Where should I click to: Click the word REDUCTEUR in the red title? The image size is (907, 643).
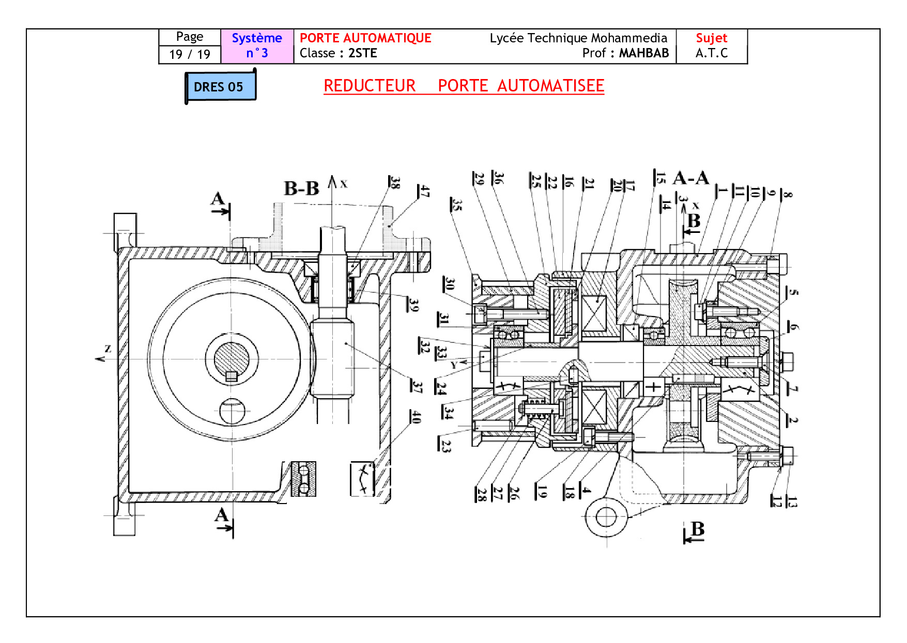[370, 86]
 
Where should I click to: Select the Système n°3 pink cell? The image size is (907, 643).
[257, 46]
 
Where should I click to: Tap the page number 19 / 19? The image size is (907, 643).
[190, 54]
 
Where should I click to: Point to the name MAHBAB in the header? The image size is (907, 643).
[643, 53]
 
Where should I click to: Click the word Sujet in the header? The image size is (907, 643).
[711, 38]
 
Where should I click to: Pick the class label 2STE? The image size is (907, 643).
[363, 53]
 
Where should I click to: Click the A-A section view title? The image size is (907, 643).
[691, 179]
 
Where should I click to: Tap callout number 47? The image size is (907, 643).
[424, 192]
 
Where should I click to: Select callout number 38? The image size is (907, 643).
[395, 182]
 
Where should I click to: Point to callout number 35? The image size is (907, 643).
[456, 205]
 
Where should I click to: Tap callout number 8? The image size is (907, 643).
[787, 194]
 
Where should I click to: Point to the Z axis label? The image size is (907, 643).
[107, 349]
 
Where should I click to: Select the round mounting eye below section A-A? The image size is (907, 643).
[606, 516]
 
